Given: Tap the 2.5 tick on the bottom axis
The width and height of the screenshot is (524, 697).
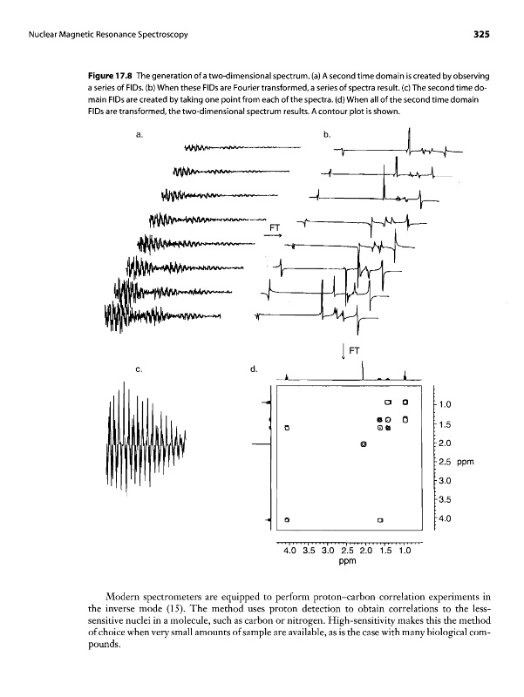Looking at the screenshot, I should point(346,550).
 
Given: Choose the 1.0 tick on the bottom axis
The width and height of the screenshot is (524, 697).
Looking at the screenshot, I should point(404,550).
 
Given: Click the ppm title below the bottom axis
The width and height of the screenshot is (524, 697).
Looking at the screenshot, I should point(348,562).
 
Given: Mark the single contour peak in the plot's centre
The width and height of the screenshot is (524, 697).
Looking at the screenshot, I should point(363,445).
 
